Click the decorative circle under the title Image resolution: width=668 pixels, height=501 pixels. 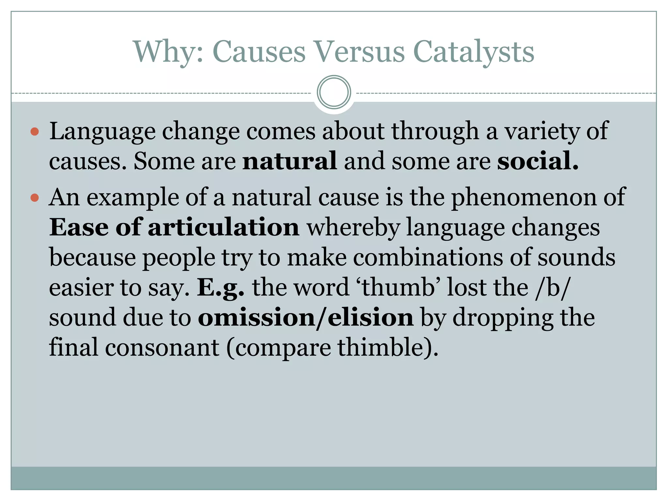[334, 92]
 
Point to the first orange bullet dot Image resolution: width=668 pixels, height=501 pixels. [35, 132]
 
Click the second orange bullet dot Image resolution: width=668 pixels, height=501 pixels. [35, 198]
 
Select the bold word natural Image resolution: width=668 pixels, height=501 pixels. [290, 161]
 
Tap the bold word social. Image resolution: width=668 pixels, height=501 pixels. [538, 161]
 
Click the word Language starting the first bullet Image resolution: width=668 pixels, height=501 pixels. [102, 131]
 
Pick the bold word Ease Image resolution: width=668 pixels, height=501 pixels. [79, 227]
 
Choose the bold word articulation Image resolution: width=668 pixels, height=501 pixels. [223, 227]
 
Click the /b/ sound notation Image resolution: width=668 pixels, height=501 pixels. [552, 287]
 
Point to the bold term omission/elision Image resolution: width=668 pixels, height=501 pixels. [306, 318]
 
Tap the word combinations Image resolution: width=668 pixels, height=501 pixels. [428, 257]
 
